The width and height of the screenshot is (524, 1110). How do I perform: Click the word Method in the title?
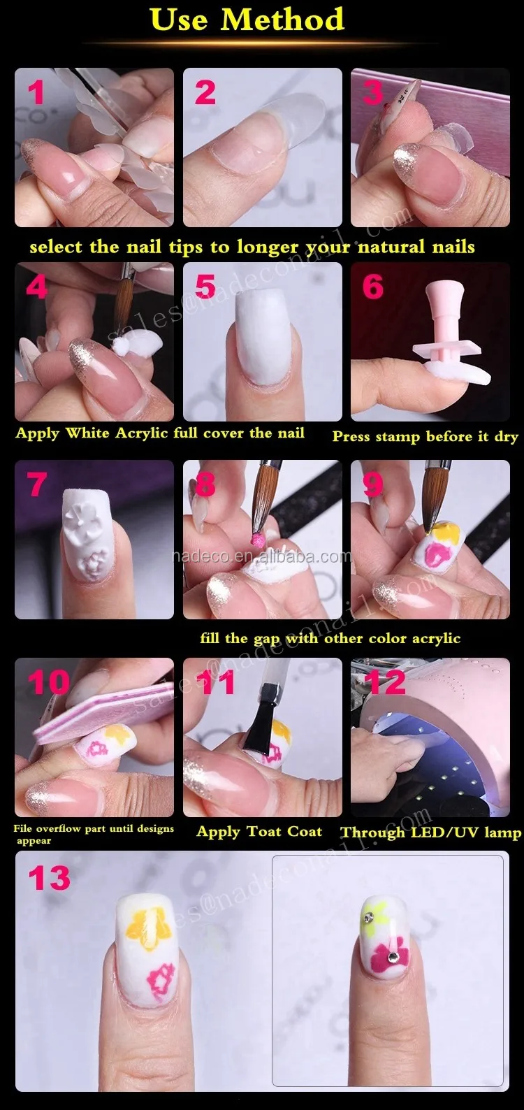[x=282, y=20]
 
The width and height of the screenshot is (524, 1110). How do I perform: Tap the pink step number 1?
[x=36, y=93]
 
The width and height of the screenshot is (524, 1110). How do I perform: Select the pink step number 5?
[x=205, y=287]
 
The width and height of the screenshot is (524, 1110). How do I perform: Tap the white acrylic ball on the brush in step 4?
[x=120, y=347]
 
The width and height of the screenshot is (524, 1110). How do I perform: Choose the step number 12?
[x=387, y=682]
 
